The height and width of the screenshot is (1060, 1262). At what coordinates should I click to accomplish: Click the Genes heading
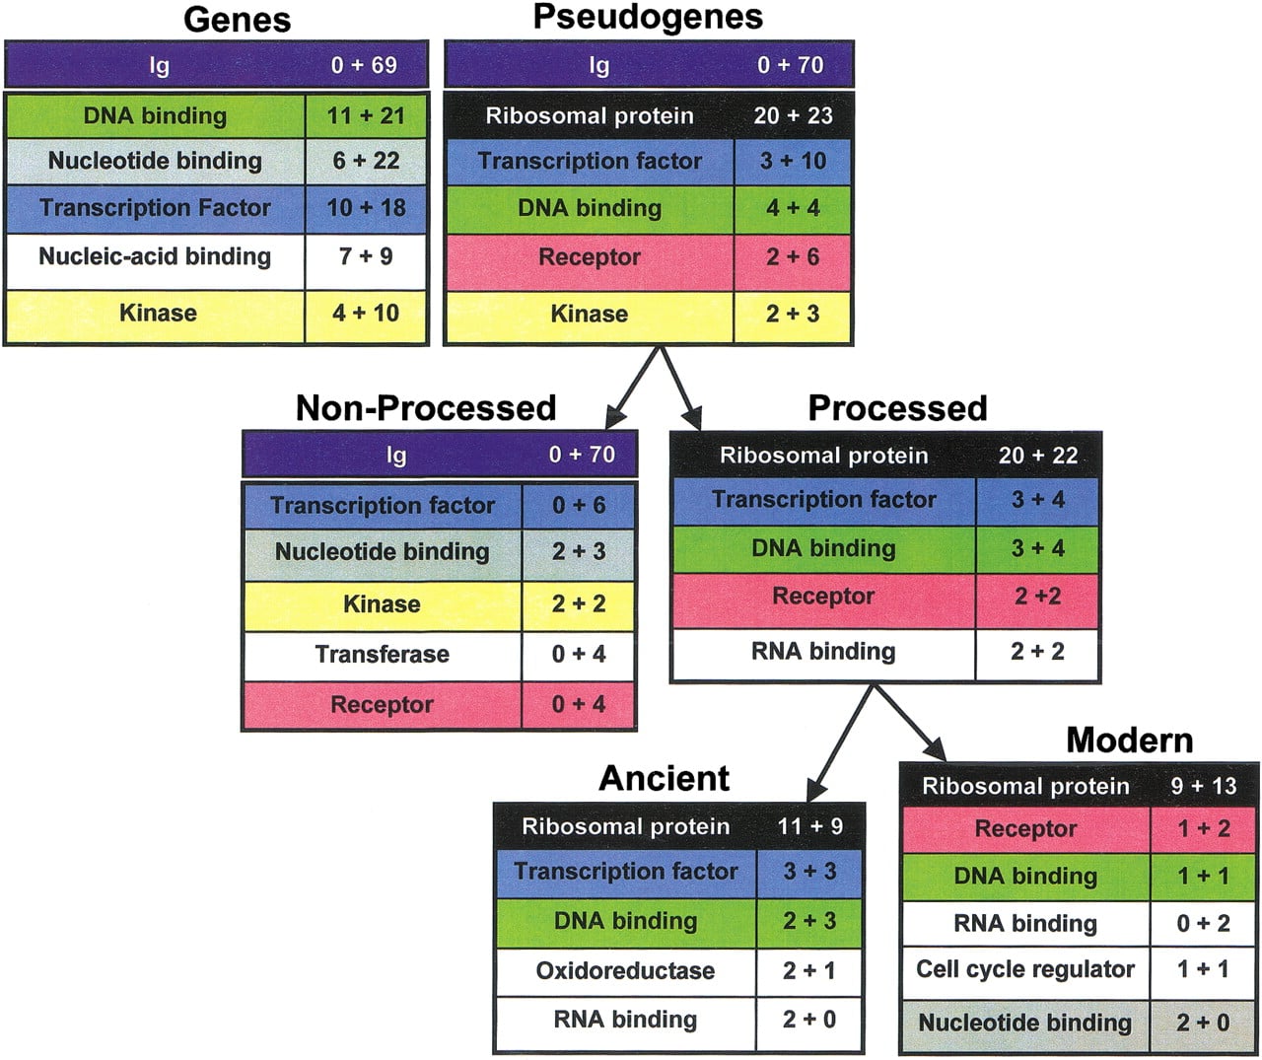[237, 20]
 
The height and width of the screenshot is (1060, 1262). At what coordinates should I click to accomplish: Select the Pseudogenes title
[648, 17]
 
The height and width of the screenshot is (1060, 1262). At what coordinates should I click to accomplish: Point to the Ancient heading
[665, 778]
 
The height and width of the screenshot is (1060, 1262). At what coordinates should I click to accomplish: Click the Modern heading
[1130, 740]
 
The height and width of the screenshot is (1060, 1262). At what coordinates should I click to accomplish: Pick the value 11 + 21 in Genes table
[366, 115]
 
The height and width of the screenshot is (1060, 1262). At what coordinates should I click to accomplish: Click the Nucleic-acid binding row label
[155, 256]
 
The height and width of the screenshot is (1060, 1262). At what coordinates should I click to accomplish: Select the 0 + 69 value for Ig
[364, 65]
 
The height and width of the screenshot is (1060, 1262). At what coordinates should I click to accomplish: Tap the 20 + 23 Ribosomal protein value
[793, 115]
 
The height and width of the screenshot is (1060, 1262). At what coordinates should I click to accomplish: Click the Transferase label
[382, 654]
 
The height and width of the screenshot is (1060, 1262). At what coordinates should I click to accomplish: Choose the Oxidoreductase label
[625, 970]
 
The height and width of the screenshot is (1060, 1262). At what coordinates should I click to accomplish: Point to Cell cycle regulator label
[1025, 969]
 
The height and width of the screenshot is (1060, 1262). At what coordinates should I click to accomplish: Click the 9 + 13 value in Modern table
[1204, 786]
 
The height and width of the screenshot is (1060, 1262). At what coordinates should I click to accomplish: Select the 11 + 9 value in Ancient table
[809, 826]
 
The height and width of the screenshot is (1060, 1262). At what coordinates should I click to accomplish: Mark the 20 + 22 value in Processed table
[1038, 456]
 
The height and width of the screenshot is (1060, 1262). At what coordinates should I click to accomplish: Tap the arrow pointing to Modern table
[909, 723]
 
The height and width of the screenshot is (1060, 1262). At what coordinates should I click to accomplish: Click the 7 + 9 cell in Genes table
[366, 256]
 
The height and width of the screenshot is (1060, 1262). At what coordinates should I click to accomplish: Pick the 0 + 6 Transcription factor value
[579, 505]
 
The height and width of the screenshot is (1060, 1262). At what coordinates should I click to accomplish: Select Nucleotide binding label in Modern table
[1025, 1023]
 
